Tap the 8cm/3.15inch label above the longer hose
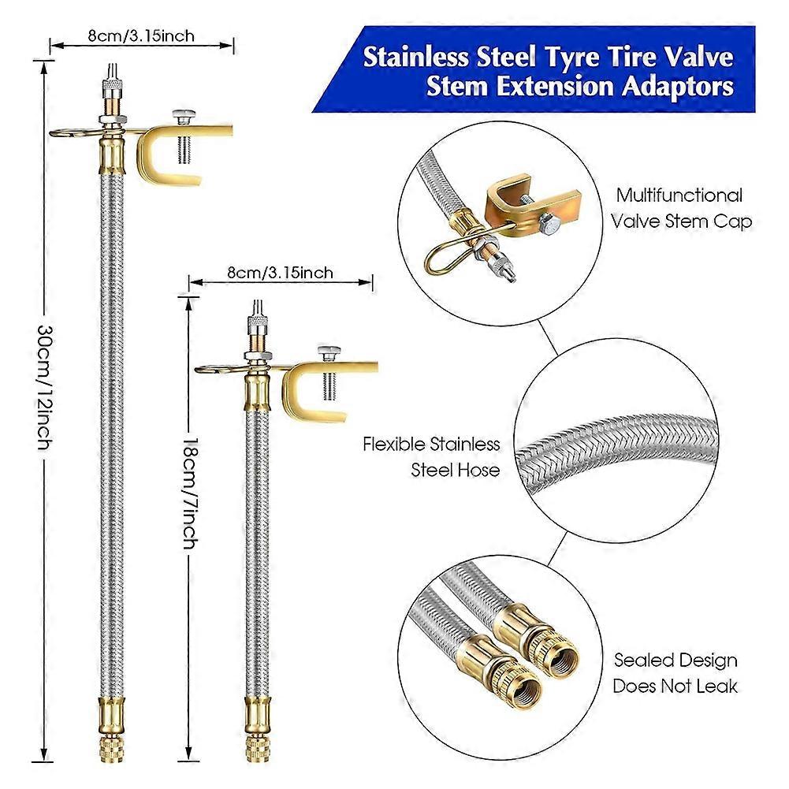[x=142, y=35]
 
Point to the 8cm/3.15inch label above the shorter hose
[x=280, y=274]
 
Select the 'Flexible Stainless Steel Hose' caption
[x=431, y=456]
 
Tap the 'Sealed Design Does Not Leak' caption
[x=675, y=672]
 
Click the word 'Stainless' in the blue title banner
[x=412, y=58]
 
